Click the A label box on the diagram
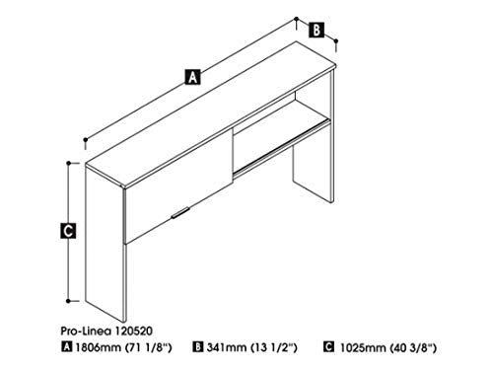[192, 77]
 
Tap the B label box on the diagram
[317, 30]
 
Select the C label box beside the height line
[68, 230]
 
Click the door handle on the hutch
[180, 212]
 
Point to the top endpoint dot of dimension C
[69, 163]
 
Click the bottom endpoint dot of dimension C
[68, 301]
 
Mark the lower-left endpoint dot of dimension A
[86, 140]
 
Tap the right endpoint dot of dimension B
[335, 40]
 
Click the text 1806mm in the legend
[99, 347]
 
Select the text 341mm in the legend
[226, 347]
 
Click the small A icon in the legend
[66, 346]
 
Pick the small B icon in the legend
[198, 346]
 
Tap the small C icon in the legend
[328, 346]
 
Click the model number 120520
[133, 331]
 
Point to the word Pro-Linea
[86, 331]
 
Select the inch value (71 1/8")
[149, 347]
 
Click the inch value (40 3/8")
[413, 347]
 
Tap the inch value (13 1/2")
[274, 347]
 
